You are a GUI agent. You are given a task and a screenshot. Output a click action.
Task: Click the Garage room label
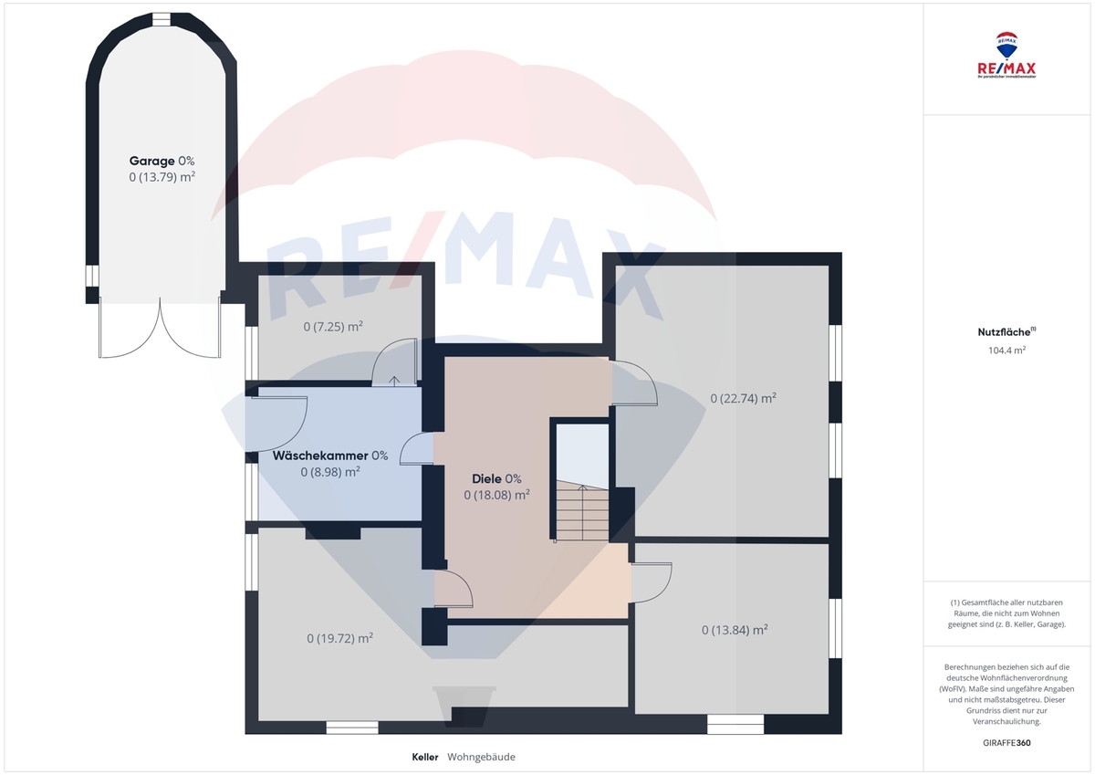pos(151,161)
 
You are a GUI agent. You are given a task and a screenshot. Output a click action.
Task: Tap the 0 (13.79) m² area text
pos(162,176)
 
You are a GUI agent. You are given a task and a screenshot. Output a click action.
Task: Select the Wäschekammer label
pos(320,456)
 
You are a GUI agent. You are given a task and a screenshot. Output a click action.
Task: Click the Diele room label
pos(486,478)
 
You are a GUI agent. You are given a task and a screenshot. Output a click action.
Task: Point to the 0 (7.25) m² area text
pos(333,326)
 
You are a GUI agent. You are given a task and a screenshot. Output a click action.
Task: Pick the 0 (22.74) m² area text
pos(743,398)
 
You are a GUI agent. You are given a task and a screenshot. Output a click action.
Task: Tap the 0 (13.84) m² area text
pos(735,630)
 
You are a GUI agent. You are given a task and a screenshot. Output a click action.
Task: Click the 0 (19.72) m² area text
pos(339,638)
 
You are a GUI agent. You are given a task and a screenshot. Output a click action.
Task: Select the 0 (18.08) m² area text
pos(496,495)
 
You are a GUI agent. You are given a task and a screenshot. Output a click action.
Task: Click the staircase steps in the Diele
pos(582,511)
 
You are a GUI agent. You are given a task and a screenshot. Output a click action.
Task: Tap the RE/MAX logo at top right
pos(1006,55)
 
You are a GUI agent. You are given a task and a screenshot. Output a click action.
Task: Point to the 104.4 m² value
pos(1006,351)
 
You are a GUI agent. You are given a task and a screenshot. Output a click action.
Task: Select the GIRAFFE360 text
pos(1006,743)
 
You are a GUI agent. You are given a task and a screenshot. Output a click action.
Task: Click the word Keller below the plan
pos(425,757)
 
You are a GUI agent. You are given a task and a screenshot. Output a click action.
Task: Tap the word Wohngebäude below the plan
pos(481,757)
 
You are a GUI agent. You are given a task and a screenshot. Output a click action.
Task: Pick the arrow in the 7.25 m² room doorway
pos(394,381)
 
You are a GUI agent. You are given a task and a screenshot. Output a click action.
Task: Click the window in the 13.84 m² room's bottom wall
pos(735,724)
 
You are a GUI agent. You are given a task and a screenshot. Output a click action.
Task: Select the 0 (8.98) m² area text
pos(330,472)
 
